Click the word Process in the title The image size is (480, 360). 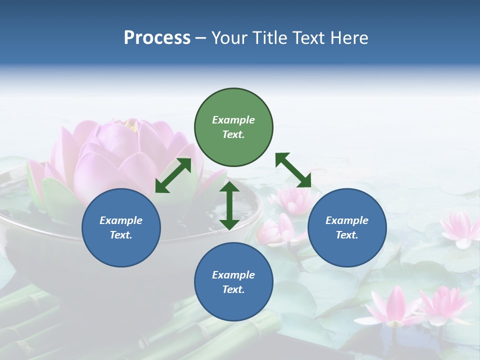[x=157, y=38]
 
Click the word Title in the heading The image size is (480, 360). [x=271, y=38]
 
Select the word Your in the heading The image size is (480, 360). [x=229, y=38]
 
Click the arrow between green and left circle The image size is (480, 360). [x=173, y=175]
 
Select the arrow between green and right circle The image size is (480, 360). [x=293, y=170]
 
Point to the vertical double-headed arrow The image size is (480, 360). [x=229, y=205]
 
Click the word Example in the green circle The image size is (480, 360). [x=233, y=120]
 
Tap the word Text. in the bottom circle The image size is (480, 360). [x=233, y=289]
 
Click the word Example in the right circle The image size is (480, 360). [x=347, y=220]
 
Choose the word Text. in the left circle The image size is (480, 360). [x=121, y=235]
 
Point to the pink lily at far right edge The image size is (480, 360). [x=460, y=227]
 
